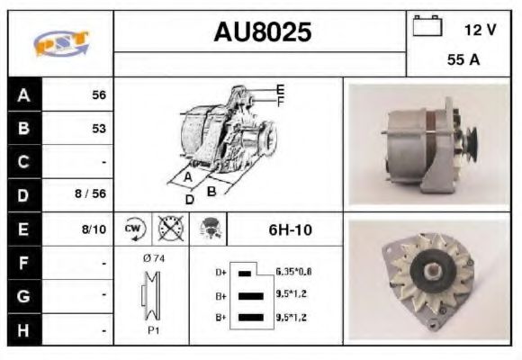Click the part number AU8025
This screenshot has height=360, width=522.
point(262,32)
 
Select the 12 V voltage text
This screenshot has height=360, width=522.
point(480,30)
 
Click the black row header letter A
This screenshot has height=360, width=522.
point(23,94)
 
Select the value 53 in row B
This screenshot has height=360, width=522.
point(99,129)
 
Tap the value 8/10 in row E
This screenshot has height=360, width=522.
point(94,229)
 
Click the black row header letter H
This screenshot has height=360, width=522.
point(23,329)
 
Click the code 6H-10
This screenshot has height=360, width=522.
point(290,229)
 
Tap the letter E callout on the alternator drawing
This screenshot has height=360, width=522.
point(280,88)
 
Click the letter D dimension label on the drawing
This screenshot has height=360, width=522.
point(189,199)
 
